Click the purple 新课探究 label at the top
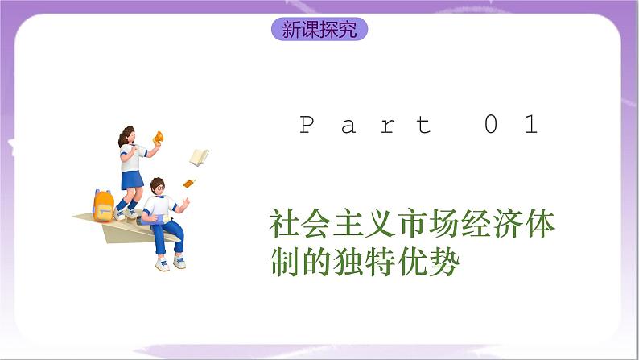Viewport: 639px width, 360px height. (319, 30)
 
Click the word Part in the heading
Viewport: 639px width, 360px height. (365, 126)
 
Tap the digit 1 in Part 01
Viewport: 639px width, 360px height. (530, 126)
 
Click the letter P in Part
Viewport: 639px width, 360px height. (307, 126)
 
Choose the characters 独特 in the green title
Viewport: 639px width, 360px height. (360, 263)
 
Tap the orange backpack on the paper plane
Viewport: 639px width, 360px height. (103, 205)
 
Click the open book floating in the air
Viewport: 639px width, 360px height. (199, 155)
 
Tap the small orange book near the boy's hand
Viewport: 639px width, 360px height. (190, 184)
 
